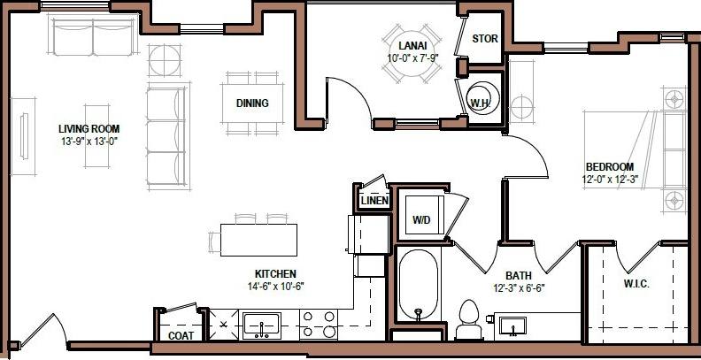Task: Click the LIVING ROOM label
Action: (x=89, y=127)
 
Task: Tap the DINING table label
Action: (x=252, y=103)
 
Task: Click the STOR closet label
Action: (x=484, y=39)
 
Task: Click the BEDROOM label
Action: (x=609, y=167)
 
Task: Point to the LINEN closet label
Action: (x=375, y=201)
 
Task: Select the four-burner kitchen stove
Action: (x=318, y=325)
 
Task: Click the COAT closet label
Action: (x=181, y=336)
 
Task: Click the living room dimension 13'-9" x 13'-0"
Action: (x=89, y=140)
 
